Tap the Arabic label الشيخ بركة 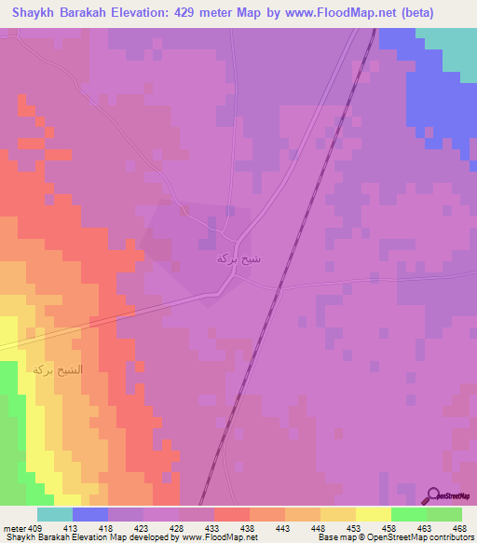(58, 369)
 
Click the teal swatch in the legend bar (55, 514)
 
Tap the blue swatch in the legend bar (90, 514)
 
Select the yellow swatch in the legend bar (374, 514)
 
